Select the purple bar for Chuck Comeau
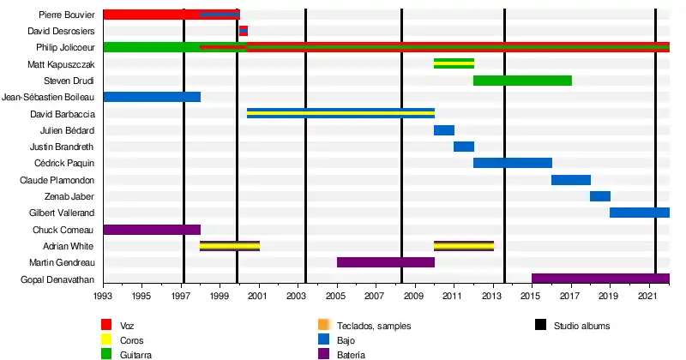152,230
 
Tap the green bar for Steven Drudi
522,81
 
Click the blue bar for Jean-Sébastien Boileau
152,97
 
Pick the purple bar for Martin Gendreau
386,262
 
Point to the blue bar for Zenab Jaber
600,196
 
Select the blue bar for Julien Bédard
444,130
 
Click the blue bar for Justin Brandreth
464,147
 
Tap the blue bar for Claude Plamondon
571,180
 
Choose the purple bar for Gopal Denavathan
600,279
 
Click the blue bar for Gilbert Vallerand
640,213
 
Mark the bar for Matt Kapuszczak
454,63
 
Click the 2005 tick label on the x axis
337,296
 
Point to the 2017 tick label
571,296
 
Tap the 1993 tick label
103,296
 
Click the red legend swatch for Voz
107,325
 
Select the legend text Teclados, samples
373,326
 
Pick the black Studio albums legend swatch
540,325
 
